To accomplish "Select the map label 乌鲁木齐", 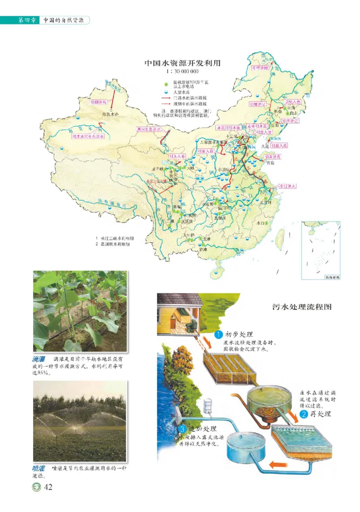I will tap(109, 115).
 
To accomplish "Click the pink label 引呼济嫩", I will tap(260, 68).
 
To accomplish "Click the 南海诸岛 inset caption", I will tap(332, 278).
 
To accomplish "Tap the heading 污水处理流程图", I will tap(301, 307).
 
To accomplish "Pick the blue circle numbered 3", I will tap(183, 429).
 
